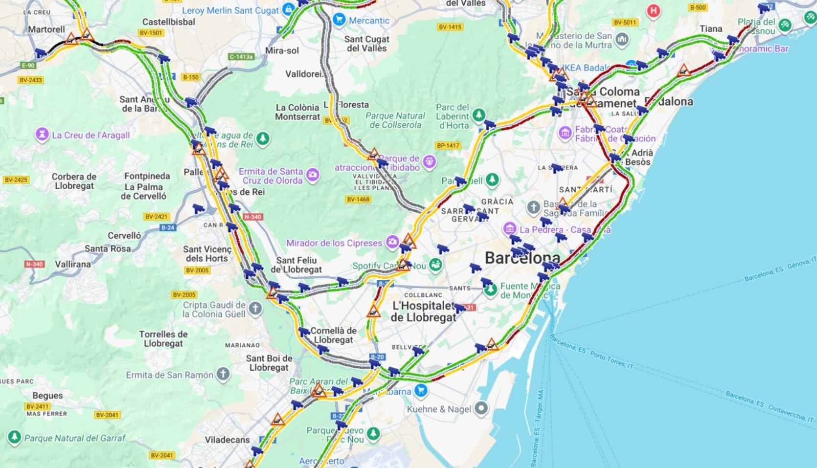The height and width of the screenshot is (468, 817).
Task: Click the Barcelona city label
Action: click(522, 258)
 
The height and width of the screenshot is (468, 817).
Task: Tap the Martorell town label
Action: click(46, 29)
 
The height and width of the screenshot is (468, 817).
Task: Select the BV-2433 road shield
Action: click(31, 80)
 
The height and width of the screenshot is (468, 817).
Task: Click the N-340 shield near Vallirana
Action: click(34, 264)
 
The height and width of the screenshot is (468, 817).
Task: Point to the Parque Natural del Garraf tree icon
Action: click(14, 437)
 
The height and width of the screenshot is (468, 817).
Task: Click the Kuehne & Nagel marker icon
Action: click(481, 408)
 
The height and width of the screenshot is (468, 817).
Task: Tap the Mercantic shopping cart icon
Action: click(339, 20)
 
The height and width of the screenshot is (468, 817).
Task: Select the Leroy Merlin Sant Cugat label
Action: click(230, 10)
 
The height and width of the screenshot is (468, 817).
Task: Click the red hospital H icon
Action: click(653, 11)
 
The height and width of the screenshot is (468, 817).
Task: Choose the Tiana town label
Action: click(711, 29)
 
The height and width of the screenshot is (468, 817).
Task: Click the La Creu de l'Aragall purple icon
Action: click(42, 134)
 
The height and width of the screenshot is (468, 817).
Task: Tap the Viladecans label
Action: click(227, 440)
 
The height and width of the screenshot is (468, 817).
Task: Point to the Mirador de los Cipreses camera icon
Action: click(392, 242)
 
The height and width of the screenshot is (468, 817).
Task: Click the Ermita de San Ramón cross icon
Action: click(223, 375)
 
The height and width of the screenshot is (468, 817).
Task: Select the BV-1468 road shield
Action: click(358, 199)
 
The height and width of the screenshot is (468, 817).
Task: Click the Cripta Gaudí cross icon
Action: click(255, 309)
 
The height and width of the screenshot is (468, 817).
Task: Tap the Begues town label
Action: click(47, 395)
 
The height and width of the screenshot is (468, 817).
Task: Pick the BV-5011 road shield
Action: click(624, 22)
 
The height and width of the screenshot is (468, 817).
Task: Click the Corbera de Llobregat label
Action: click(74, 181)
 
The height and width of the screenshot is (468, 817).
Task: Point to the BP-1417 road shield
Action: click(448, 145)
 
